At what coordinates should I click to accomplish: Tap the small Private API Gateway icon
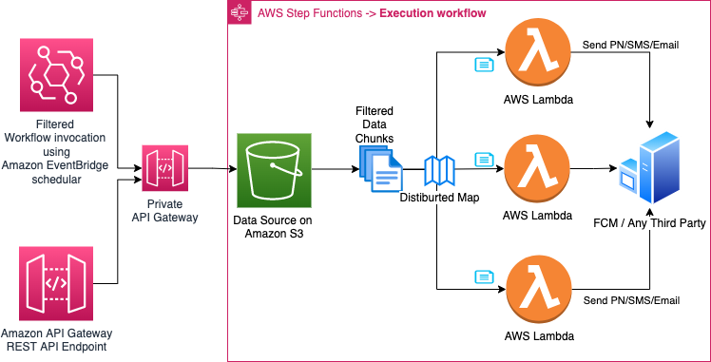pyautogui.click(x=164, y=168)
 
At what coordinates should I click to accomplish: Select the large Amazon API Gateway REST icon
pyautogui.click(x=56, y=282)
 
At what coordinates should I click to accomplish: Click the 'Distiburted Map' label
pyautogui.click(x=439, y=198)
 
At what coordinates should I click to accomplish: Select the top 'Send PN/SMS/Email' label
pyautogui.click(x=630, y=45)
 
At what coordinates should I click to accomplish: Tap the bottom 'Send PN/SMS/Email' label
pyautogui.click(x=630, y=300)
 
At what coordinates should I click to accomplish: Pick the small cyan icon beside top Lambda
pyautogui.click(x=484, y=65)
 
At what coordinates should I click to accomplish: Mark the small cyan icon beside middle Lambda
pyautogui.click(x=484, y=160)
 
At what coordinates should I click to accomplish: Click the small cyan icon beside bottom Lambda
pyautogui.click(x=484, y=277)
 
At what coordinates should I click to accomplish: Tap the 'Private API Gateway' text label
pyautogui.click(x=164, y=211)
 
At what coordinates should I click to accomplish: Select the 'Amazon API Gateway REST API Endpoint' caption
pyautogui.click(x=56, y=339)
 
